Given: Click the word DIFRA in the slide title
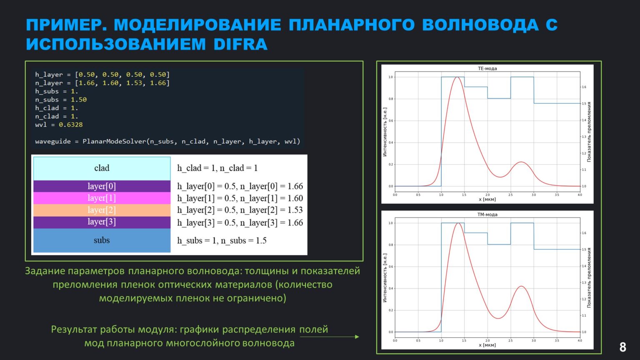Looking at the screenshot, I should tap(240, 44).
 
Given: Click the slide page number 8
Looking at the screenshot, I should tap(622, 347).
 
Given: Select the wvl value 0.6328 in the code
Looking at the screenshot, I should tap(70, 125).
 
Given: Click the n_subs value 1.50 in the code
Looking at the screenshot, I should tap(78, 100).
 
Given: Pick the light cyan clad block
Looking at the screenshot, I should tap(102, 168).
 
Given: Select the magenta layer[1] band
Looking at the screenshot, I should tap(102, 198).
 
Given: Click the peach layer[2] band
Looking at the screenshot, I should tap(102, 210).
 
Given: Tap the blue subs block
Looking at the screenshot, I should tap(102, 240).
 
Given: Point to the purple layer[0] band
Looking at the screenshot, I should tap(102, 186).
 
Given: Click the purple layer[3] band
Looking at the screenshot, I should tap(102, 222).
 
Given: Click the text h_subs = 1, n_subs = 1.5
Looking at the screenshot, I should tap(222, 240).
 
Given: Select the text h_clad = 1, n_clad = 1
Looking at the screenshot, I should tap(217, 168).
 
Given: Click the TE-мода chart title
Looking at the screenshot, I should tap(487, 68).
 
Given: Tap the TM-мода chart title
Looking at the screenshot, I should tap(487, 215).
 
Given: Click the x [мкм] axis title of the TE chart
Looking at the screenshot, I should tap(487, 199).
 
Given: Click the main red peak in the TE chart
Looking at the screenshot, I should tap(457, 77).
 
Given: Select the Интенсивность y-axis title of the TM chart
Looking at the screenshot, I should tap(385, 278).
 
